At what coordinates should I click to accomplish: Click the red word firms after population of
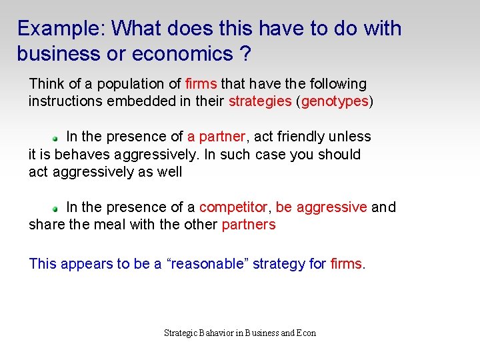tap(201, 84)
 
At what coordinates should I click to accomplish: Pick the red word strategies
tap(260, 101)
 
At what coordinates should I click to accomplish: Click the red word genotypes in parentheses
tap(335, 101)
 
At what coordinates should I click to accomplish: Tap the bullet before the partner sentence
tap(57, 137)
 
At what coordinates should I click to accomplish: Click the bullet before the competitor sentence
tap(57, 209)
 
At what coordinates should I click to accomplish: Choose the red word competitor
tap(233, 207)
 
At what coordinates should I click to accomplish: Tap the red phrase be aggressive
tap(321, 207)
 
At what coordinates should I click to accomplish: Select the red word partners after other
tap(248, 225)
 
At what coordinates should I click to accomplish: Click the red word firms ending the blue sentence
tap(346, 264)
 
